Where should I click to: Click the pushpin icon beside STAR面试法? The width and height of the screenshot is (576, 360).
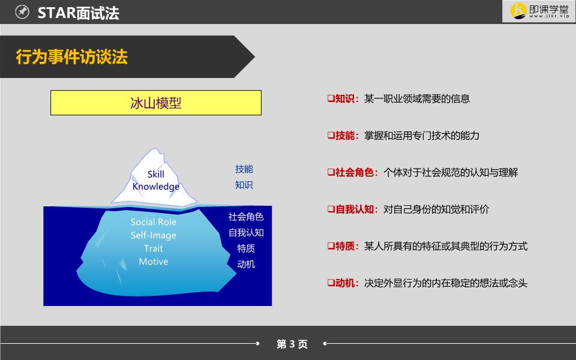point(22,12)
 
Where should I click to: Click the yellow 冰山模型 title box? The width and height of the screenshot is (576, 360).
point(156,103)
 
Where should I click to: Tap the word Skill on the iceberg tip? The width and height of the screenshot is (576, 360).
point(156,174)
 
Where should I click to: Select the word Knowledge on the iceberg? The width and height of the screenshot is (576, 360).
point(156,187)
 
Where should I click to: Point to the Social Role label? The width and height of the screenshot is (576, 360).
point(153,222)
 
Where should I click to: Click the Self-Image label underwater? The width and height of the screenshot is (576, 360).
point(153,235)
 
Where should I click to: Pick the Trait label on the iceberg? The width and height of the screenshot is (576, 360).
point(153,248)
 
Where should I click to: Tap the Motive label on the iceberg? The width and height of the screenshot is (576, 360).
point(153,262)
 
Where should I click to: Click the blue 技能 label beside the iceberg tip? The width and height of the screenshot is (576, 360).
point(244,169)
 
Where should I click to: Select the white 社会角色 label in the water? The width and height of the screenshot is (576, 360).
point(246,217)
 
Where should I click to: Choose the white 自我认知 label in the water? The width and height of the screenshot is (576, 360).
point(246,233)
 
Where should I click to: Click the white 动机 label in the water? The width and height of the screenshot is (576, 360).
point(246,264)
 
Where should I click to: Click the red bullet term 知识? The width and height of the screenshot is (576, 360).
point(344,98)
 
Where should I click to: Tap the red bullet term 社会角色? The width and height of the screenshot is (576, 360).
point(354,172)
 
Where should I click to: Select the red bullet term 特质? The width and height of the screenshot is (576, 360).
point(344,246)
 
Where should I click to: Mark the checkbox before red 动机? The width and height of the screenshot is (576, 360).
point(331,283)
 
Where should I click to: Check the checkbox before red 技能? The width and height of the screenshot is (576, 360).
point(331,136)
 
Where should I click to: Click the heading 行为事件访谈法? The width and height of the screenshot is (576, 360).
point(71,57)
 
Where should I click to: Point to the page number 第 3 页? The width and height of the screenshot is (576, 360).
point(292,344)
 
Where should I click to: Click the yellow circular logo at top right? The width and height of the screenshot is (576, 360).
point(518,11)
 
